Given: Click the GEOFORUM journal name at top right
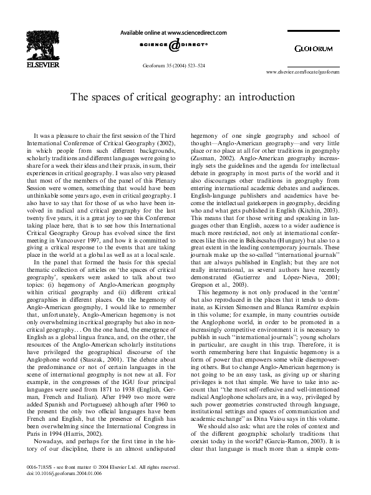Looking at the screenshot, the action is pyautogui.click(x=314, y=47).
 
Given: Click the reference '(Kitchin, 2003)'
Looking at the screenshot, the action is pyautogui.click(x=312, y=204).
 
